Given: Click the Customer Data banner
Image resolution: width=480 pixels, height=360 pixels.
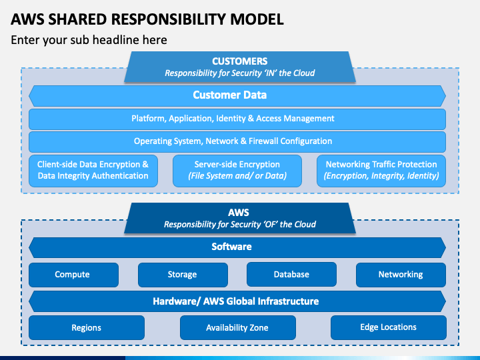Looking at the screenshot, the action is tap(237, 96).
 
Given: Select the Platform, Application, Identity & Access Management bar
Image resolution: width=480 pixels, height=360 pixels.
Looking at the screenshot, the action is tap(237, 119).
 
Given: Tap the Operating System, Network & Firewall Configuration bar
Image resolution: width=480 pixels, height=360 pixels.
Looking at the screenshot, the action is tap(237, 142).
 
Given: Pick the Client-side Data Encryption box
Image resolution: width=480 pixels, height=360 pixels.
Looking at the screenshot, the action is tap(93, 171).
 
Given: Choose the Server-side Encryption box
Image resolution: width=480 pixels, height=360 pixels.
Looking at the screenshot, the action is tap(237, 171).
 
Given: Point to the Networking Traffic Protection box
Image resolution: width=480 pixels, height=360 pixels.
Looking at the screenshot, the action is tap(381, 171).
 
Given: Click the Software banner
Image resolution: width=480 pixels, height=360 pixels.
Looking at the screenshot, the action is tap(237, 247).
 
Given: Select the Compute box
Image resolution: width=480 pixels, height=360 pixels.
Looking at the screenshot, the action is tap(73, 275).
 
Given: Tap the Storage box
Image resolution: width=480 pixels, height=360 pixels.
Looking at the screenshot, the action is tap(183, 275).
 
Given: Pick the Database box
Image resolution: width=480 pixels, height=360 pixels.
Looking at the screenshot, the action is tap(291, 274).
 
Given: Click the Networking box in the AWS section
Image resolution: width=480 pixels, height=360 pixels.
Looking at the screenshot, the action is tap(401, 275).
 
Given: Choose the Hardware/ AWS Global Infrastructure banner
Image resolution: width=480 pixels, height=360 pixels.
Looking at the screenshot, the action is tap(237, 301).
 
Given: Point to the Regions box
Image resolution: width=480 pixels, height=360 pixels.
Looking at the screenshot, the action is tap(87, 327).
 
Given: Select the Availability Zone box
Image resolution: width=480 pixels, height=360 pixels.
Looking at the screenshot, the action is tap(238, 327).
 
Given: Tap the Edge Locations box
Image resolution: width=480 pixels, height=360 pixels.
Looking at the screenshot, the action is tap(389, 327).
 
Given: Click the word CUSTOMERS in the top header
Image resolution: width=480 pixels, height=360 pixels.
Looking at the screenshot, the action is tap(240, 61).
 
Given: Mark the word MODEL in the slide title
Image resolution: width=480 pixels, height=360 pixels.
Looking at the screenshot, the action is tap(257, 19).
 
